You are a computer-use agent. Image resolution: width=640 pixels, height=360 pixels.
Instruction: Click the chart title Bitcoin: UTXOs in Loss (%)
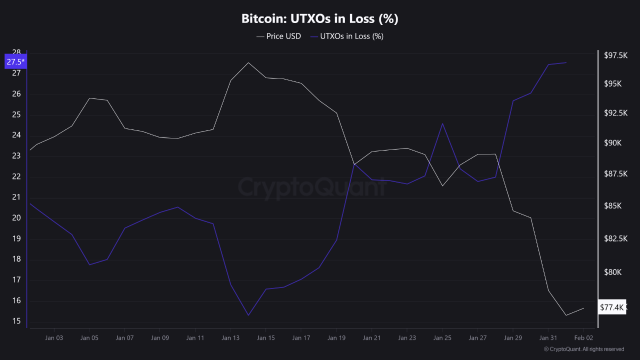coord(319,19)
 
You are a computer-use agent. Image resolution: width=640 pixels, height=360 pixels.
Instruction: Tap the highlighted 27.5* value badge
coord(15,62)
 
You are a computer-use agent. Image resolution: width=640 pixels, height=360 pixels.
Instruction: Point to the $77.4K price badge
coord(611,307)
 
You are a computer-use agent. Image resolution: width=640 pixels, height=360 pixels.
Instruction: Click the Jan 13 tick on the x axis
coord(230,338)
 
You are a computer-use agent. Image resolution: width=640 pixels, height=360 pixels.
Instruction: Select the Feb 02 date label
coord(583,338)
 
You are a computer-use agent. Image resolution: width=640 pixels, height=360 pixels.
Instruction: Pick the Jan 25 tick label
coord(442,338)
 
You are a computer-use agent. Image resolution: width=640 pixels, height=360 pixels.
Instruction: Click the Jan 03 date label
coord(54,338)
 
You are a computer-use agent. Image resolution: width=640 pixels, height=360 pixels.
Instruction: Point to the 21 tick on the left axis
coord(16,197)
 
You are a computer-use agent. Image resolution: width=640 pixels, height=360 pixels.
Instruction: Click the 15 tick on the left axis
coord(16,321)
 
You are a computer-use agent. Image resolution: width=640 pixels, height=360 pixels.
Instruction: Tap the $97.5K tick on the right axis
coord(615,55)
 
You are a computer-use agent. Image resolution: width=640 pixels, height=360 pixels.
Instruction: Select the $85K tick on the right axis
coord(612,206)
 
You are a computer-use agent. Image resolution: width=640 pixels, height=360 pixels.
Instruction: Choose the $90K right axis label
coord(612,143)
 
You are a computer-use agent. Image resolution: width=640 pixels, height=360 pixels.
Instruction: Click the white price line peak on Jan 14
coord(248,62)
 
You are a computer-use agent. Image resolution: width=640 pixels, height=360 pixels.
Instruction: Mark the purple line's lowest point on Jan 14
coord(248,315)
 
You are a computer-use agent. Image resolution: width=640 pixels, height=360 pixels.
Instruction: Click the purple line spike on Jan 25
coord(442,123)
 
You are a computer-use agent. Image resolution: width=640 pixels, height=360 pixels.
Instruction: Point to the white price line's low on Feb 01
coord(565,315)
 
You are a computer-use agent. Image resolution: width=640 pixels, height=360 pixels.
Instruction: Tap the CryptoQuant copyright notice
coord(583,349)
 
